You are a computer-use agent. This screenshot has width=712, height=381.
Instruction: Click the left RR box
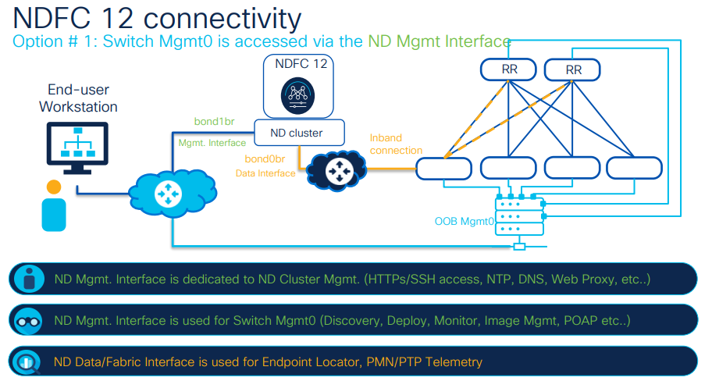[509, 69]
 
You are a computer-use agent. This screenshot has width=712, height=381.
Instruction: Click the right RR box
[573, 69]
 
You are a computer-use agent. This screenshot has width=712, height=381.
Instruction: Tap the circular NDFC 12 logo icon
[296, 95]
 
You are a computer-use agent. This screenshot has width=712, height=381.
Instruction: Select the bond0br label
[265, 158]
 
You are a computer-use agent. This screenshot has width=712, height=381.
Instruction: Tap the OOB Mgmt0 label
[465, 221]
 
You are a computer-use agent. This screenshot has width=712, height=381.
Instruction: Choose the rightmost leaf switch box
[634, 167]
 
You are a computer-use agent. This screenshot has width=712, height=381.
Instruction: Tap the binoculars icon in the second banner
[30, 320]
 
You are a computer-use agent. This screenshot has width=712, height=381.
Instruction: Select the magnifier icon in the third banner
[30, 361]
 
